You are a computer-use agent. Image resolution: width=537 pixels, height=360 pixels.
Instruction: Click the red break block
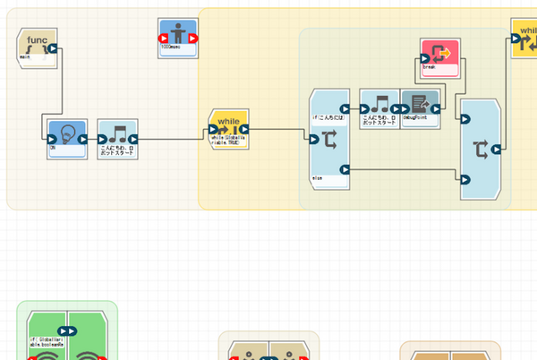[440, 56]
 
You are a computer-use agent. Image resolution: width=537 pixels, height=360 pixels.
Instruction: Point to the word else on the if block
[318, 179]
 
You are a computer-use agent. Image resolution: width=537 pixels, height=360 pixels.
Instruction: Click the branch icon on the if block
[328, 138]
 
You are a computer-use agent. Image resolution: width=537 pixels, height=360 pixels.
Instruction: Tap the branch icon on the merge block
[479, 149]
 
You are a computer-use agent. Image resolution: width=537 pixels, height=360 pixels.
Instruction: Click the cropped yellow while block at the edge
[524, 39]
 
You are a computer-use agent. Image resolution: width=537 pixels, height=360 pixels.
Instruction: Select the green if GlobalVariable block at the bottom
[67, 337]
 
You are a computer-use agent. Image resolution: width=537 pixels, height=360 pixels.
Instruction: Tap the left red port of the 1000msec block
[163, 39]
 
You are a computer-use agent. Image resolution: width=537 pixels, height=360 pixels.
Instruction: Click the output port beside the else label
[344, 169]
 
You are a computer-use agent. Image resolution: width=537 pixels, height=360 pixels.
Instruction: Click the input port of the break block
[425, 56]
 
